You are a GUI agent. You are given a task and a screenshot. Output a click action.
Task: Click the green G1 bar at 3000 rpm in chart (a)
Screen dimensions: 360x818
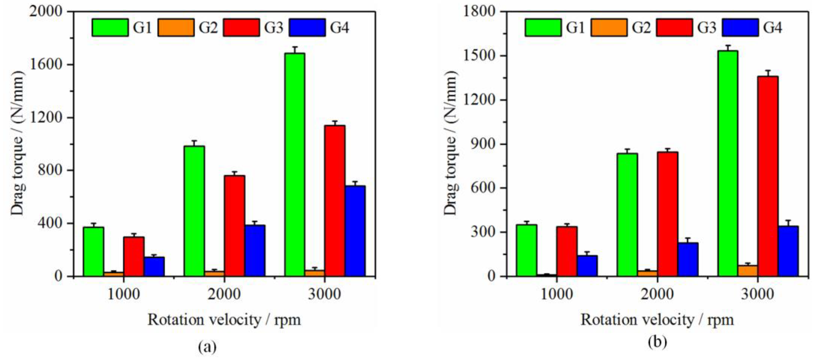click(x=295, y=165)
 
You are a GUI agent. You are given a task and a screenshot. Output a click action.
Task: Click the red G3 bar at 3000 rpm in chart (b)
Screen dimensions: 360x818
click(x=768, y=176)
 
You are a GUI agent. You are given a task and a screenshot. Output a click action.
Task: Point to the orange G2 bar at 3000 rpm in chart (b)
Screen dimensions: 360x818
click(x=747, y=271)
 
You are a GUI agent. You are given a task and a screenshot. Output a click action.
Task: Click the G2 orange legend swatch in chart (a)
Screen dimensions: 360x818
click(x=176, y=28)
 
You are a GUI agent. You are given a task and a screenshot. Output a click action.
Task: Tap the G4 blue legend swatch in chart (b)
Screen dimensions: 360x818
click(x=740, y=28)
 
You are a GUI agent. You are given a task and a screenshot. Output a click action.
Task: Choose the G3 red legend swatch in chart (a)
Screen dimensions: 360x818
click(x=241, y=28)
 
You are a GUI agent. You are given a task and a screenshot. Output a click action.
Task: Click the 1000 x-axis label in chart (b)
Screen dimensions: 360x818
click(x=556, y=295)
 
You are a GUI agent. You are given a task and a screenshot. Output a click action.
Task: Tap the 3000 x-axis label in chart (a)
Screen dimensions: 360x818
click(x=325, y=295)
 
